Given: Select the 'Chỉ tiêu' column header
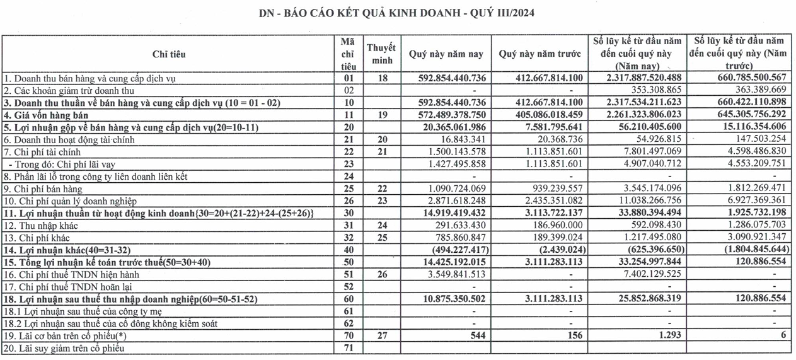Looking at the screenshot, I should click(x=169, y=54).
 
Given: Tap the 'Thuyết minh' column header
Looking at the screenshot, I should click(x=381, y=54).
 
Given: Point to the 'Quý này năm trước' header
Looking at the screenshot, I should click(x=539, y=54).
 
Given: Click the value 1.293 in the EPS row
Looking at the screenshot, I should click(x=669, y=335).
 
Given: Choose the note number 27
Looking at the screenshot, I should click(x=381, y=335).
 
